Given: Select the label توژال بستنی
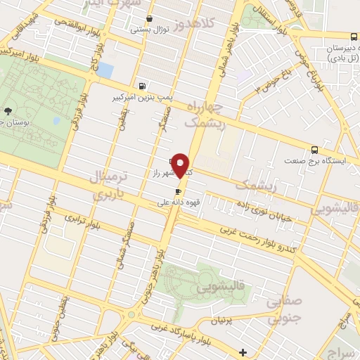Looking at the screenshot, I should click(x=150, y=30).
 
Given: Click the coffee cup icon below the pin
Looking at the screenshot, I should click(x=178, y=191).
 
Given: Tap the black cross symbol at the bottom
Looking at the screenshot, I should click(x=243, y=352).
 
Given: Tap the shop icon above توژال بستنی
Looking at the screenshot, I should click(x=148, y=19).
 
